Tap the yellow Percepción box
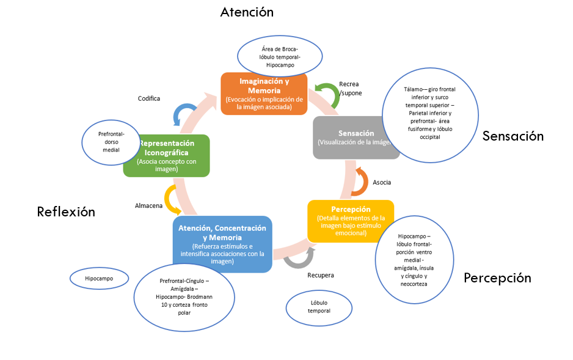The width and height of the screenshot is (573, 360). pyautogui.click(x=350, y=221)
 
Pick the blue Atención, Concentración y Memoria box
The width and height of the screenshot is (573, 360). pyautogui.click(x=222, y=244)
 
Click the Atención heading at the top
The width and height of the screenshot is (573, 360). pyautogui.click(x=247, y=12)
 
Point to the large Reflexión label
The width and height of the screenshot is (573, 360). pyautogui.click(x=66, y=212)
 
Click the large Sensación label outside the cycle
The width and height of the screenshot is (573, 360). pyautogui.click(x=513, y=136)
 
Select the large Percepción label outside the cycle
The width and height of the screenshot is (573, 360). pyautogui.click(x=497, y=278)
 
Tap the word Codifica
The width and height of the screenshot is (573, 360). pyautogui.click(x=149, y=98)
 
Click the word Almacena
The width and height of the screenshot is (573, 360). pyautogui.click(x=148, y=206)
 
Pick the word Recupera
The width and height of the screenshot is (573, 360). pyautogui.click(x=320, y=275)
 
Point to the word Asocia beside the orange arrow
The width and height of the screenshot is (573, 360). pyautogui.click(x=382, y=182)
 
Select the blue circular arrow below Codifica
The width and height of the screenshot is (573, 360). pyautogui.click(x=183, y=115)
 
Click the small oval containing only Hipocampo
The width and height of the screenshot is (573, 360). pyautogui.click(x=99, y=279)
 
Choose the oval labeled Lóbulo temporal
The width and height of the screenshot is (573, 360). pyautogui.click(x=320, y=306)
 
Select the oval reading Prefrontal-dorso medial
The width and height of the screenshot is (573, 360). pyautogui.click(x=112, y=141)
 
